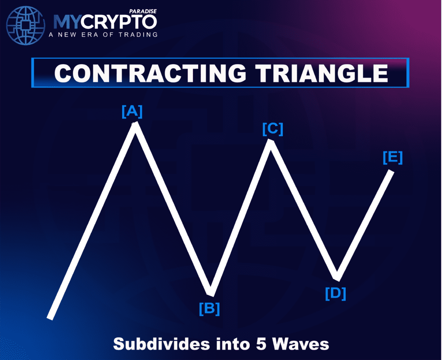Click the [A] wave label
pos(132,112)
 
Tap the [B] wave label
pos(209,309)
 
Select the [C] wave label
pos(273,129)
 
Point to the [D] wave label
pos(335,293)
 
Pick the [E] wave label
pos(392,157)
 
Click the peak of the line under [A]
pos(136,124)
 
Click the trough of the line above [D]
pos(337,278)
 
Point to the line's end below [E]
pos(391,171)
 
